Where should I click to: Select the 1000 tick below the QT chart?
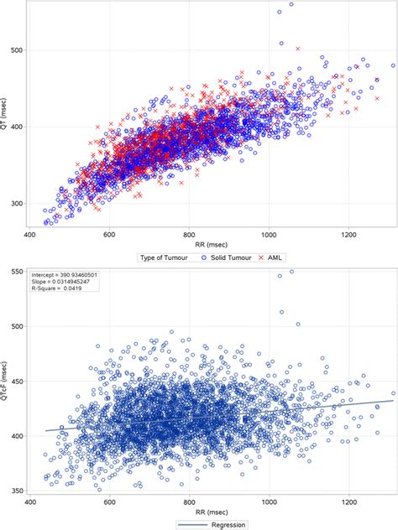pos(268,236)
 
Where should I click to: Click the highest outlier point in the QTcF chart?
pos(291,272)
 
